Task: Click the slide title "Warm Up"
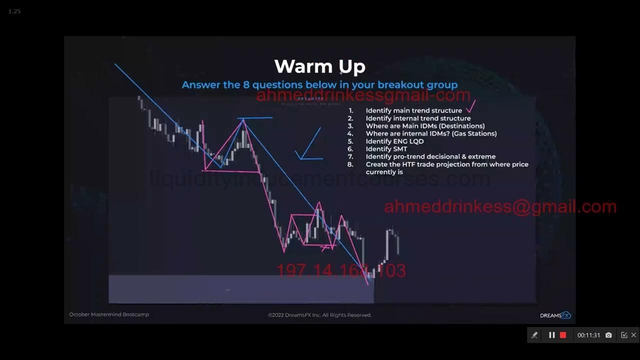point(320,66)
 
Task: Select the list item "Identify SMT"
point(386,149)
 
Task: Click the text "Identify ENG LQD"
point(394,141)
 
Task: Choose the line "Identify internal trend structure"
point(418,118)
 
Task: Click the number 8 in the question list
point(350,164)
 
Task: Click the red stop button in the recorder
point(563,335)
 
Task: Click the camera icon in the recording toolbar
point(608,335)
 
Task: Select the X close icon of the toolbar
point(633,335)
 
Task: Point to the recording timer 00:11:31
point(588,335)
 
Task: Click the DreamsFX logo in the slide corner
point(555,315)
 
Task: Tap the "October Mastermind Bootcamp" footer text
point(109,314)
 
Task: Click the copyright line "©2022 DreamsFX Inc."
point(319,315)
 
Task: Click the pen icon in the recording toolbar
point(534,335)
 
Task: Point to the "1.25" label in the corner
point(14,11)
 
